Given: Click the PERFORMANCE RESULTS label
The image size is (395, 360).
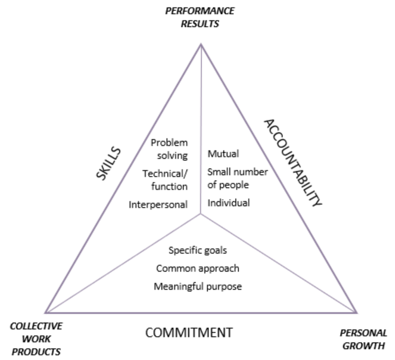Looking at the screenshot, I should tap(200, 17).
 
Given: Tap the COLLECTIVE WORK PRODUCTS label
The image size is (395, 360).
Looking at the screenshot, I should tap(36, 338).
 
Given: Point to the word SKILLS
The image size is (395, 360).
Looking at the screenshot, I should tap(108, 164).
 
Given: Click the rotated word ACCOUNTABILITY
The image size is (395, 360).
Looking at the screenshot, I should tap(292, 163).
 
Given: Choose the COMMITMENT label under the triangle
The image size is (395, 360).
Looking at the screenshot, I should tap(189, 332).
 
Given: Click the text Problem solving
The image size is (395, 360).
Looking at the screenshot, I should tap(169, 149).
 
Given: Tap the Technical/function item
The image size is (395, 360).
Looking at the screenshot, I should tap(166, 180).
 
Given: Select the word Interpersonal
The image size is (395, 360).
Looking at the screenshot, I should tap(158, 205).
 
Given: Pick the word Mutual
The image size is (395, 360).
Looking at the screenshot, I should tap(223, 154).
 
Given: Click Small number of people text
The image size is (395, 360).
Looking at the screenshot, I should tap(238, 178).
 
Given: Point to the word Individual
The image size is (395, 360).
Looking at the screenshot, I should tap(228, 203).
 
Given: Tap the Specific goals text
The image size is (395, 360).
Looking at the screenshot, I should tap(198, 250).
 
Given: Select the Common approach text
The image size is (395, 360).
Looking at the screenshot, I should tap(197, 269).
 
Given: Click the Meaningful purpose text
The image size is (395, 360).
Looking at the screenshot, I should tap(197, 286).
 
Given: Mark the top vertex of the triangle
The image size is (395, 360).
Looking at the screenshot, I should tap(201, 44).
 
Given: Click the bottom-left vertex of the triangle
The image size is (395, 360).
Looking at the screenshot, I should tap(45, 313).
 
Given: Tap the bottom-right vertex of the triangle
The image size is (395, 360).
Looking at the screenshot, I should tap(356, 312).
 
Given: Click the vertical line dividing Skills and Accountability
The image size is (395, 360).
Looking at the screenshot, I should tap(201, 129).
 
